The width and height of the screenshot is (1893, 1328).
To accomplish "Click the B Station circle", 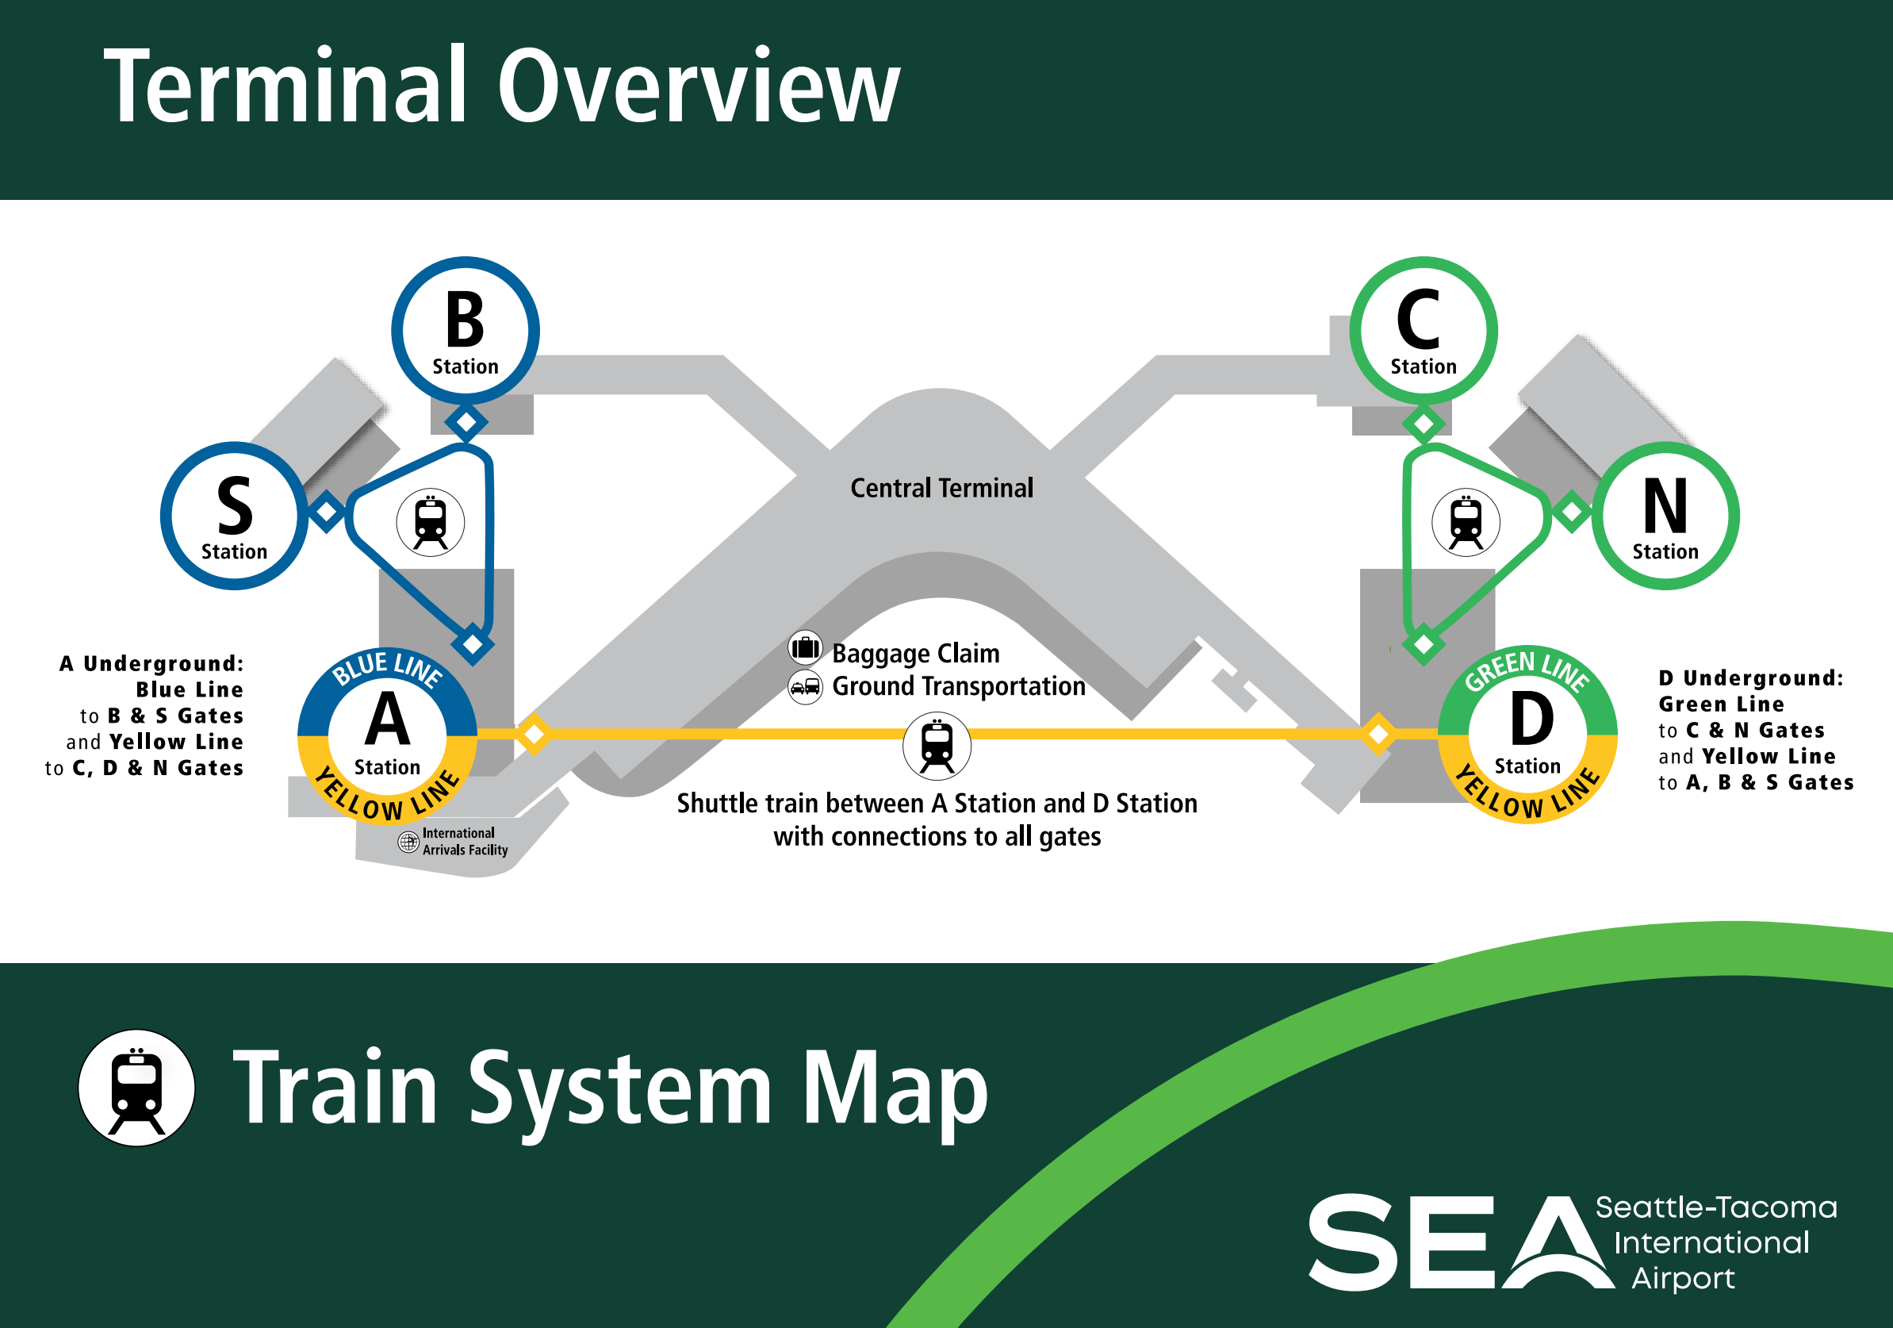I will [465, 330].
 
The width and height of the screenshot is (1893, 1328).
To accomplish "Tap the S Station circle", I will [234, 516].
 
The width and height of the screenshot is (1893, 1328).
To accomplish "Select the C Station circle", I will [1423, 330].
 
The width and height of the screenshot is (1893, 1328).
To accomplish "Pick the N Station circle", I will [1665, 516].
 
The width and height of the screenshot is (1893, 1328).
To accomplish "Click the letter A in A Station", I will [387, 720].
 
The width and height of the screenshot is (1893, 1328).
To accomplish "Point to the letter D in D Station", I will [1531, 719].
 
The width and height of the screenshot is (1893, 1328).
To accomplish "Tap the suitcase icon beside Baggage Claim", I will [805, 648].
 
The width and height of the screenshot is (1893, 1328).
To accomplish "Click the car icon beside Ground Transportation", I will [805, 686].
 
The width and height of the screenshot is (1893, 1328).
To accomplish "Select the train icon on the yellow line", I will [937, 746].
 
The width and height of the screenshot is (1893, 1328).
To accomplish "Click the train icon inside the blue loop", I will [431, 522].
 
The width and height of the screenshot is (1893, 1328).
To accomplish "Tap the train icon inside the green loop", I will [1465, 522].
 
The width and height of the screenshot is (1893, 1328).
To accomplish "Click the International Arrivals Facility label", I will [464, 842].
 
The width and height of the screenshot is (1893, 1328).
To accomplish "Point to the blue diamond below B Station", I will [466, 422].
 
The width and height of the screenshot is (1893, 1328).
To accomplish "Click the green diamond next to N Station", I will [1572, 512].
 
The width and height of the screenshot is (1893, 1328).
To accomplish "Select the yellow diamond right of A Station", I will [534, 733].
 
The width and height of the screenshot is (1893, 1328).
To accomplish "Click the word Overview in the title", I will [698, 86].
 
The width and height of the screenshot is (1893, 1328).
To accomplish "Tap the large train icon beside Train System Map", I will [137, 1087].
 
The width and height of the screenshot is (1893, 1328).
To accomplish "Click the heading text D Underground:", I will [1750, 678].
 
